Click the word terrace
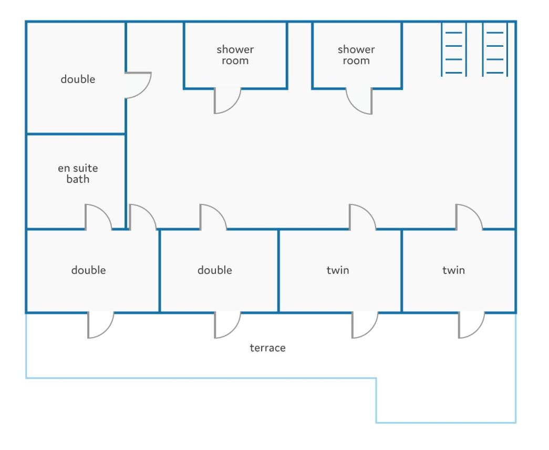click(x=267, y=347)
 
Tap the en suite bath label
click(x=78, y=173)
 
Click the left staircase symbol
click(x=454, y=49)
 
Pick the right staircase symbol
click(x=495, y=49)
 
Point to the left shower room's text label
click(x=235, y=55)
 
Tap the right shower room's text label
click(x=356, y=55)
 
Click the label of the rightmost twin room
click(x=453, y=270)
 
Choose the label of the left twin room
click(x=337, y=270)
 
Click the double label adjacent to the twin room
click(x=215, y=270)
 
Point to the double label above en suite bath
click(x=78, y=79)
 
